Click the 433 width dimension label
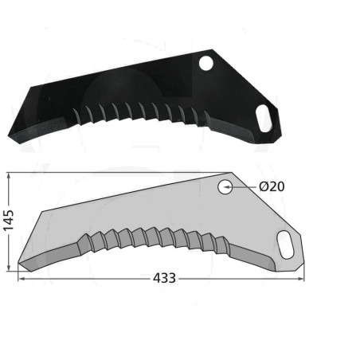[164, 278]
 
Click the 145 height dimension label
[8, 221]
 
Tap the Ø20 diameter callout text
[272, 186]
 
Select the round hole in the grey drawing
[225, 187]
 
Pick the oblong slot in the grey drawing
[285, 245]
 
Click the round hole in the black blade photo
[206, 64]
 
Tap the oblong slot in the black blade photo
[264, 118]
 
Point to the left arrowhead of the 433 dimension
[21, 279]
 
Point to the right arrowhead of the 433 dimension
[301, 279]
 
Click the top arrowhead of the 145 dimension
[9, 175]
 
